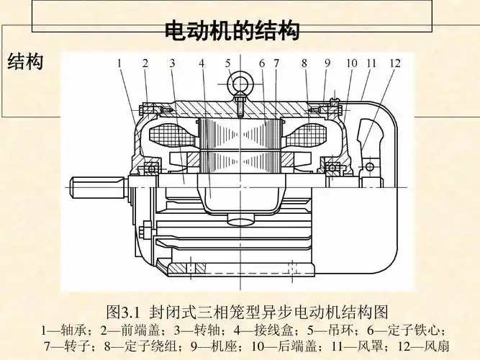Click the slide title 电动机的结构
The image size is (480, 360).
232,31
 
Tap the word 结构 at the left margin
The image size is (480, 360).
25,62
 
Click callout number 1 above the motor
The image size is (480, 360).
119,63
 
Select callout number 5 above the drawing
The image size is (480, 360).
228,63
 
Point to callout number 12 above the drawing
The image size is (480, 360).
394,63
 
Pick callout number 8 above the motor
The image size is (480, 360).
304,63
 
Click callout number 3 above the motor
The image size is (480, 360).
173,63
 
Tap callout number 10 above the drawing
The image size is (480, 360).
351,63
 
